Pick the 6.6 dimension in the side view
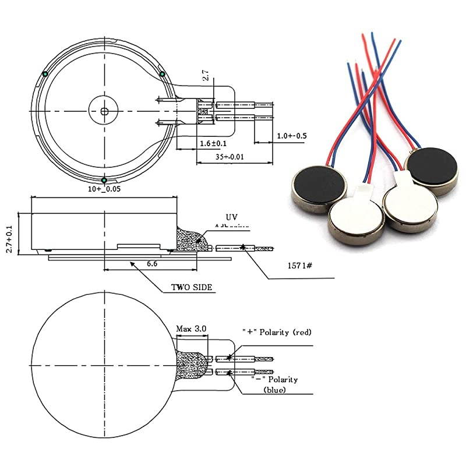[153, 264]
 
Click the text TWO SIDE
[192, 287]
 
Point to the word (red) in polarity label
[301, 332]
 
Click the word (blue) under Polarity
[274, 390]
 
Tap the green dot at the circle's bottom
[104, 181]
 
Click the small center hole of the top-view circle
[104, 110]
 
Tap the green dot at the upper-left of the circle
[45, 73]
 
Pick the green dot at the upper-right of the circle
[163, 73]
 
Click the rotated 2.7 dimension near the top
[204, 75]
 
